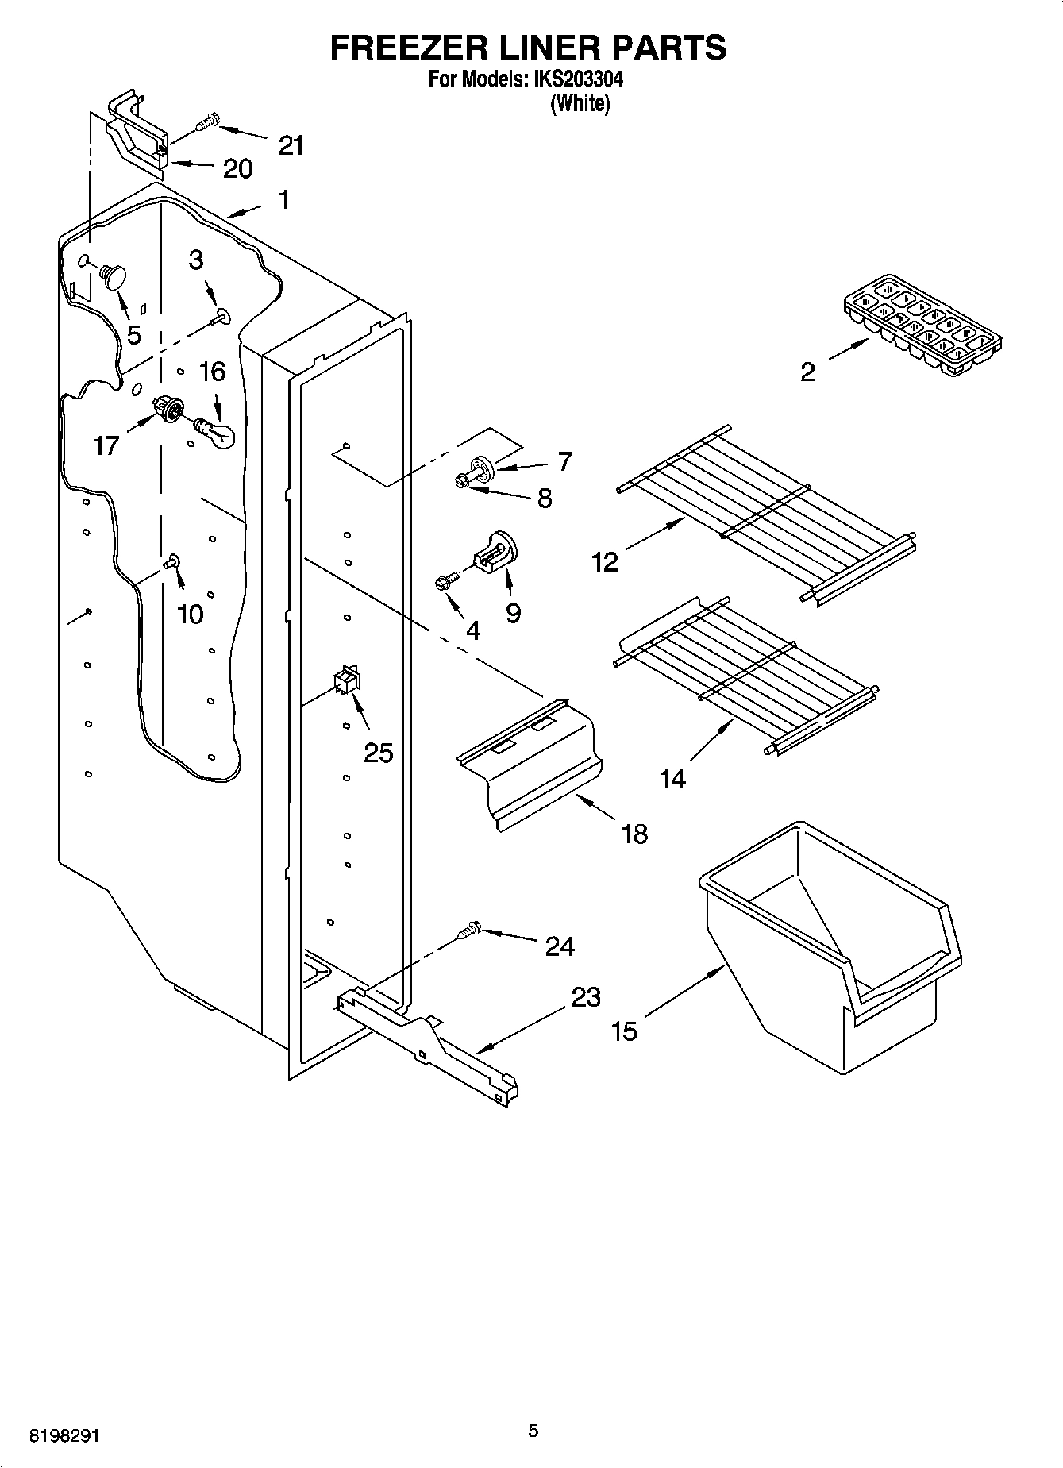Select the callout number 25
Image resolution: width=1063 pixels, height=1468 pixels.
coord(378,753)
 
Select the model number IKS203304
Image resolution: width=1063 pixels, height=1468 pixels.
coord(577,79)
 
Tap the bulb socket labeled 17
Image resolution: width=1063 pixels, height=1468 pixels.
coord(168,409)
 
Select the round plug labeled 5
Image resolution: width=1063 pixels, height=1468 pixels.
coord(112,275)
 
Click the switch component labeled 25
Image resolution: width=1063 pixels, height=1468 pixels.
coord(347,680)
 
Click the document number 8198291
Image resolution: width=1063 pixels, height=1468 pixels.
coord(64,1435)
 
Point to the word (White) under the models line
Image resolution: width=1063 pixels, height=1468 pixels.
coord(580,104)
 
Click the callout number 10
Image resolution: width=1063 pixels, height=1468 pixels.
coord(191,614)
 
